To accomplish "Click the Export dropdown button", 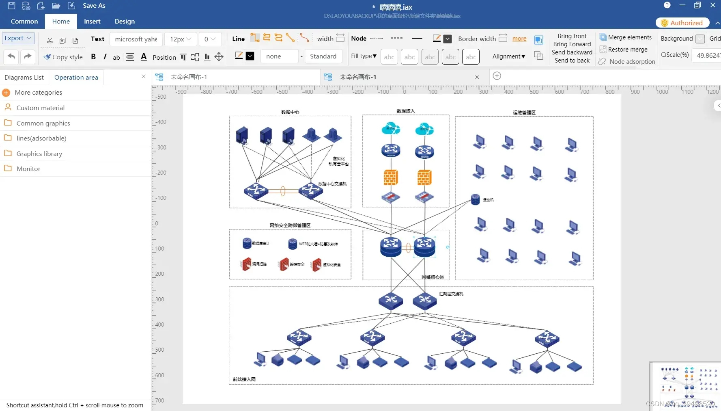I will tap(18, 38).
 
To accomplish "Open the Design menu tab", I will tap(125, 21).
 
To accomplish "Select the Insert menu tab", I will tap(92, 21).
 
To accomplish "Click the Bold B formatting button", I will tap(93, 57).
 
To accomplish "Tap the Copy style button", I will tap(63, 57).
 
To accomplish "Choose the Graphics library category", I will tap(39, 154).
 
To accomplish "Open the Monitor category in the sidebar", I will tap(28, 169).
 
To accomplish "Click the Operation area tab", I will tap(76, 77).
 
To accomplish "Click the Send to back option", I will tap(572, 61).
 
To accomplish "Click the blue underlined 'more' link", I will tap(519, 39).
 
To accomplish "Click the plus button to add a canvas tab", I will tap(497, 76).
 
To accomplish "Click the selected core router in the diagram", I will tap(424, 247).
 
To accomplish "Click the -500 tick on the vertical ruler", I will tap(161, 97).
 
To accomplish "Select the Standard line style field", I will tap(323, 56).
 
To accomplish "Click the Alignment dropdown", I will tap(509, 56).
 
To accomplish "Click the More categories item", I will tap(39, 93).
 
